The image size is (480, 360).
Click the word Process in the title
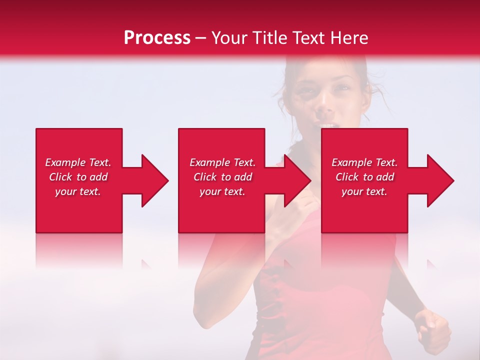coord(157,38)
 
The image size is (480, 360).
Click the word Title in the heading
coord(269,38)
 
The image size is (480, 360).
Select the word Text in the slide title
coord(309,38)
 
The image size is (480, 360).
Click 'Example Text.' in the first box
coord(78,162)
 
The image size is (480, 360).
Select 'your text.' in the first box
coord(78,191)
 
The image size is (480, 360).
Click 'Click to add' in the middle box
coord(222,177)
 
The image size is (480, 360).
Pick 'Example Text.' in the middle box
coord(222,162)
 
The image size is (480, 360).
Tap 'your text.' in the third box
coord(364,191)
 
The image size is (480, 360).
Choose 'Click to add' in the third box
coord(364,177)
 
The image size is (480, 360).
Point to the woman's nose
coord(324,106)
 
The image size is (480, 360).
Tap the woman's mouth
coord(327,125)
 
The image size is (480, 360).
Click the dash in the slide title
coord(200,38)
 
